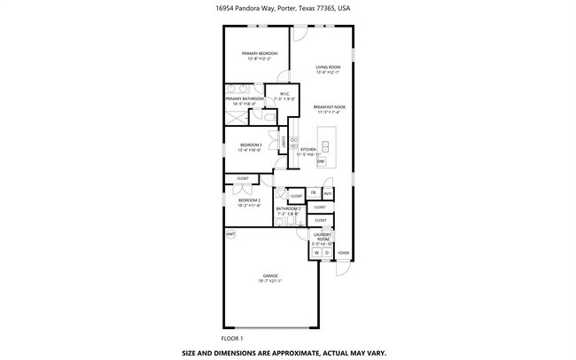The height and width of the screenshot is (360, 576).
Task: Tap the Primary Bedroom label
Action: click(260, 56)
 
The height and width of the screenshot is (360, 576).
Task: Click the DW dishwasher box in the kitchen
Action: click(321, 161)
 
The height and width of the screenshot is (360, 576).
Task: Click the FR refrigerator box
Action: click(313, 192)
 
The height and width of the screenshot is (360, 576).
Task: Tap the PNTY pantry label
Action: click(327, 192)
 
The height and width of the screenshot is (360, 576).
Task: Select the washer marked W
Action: click(315, 253)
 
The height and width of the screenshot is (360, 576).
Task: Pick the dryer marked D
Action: click(325, 253)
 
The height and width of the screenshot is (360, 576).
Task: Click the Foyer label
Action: click(343, 253)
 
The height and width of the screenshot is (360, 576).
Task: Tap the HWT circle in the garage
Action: click(230, 234)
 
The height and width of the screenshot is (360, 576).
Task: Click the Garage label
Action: click(269, 278)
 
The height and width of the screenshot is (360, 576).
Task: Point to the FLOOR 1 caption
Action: click(232, 338)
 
